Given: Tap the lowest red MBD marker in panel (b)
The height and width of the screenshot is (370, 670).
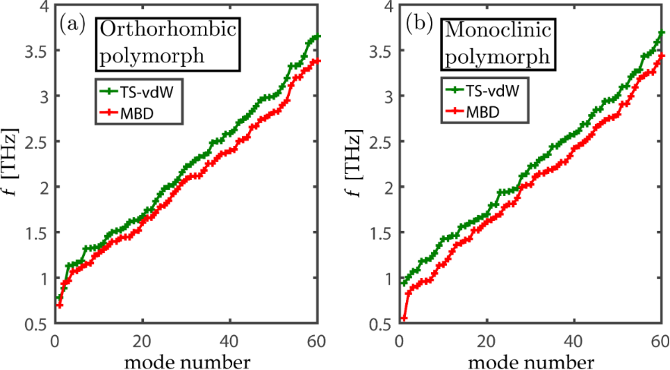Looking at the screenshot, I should tap(404, 319).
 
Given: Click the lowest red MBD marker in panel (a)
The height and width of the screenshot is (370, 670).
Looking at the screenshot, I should tap(59, 305).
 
